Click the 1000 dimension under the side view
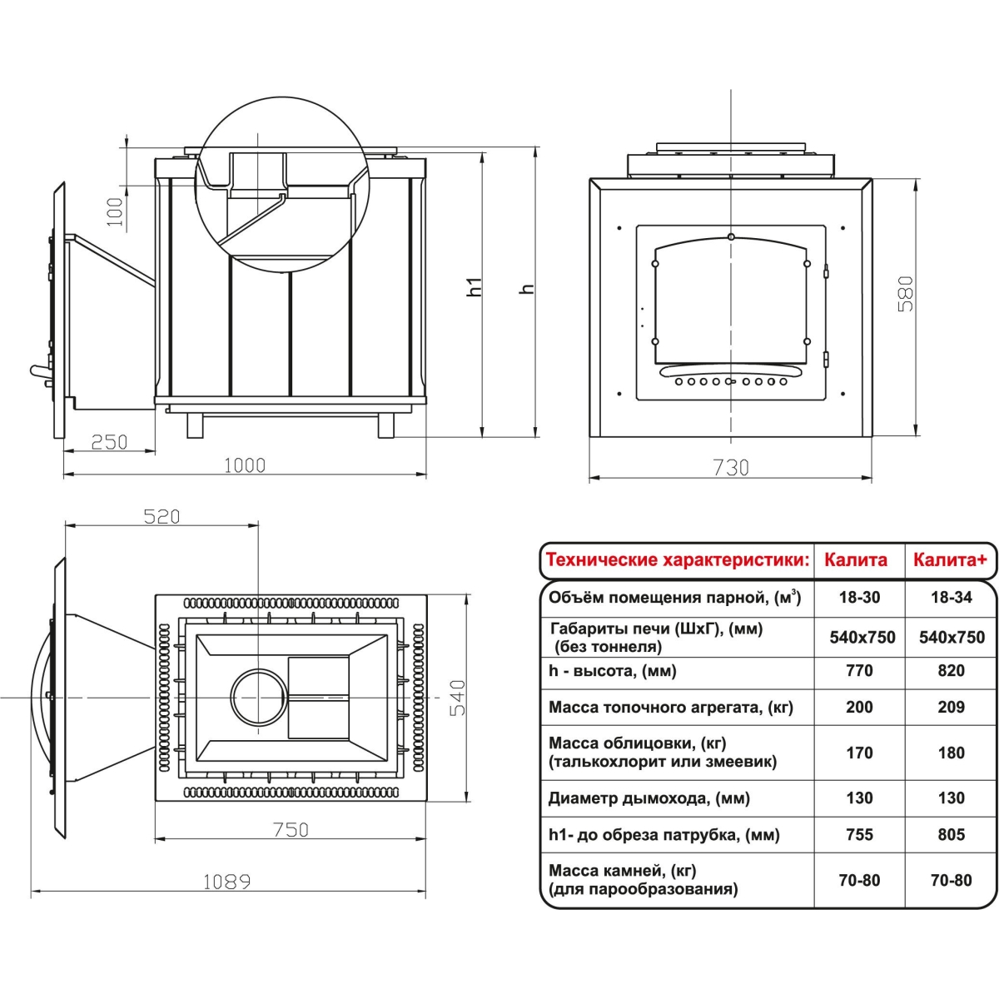[x=244, y=465]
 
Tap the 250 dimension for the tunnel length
[x=109, y=442]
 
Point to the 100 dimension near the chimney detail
[x=115, y=211]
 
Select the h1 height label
[x=475, y=286]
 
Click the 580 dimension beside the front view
[x=905, y=294]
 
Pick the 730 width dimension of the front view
[x=731, y=468]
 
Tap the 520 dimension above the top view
[x=162, y=517]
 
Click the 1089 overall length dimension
[x=226, y=882]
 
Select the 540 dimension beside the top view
[x=457, y=698]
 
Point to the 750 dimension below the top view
[x=291, y=830]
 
